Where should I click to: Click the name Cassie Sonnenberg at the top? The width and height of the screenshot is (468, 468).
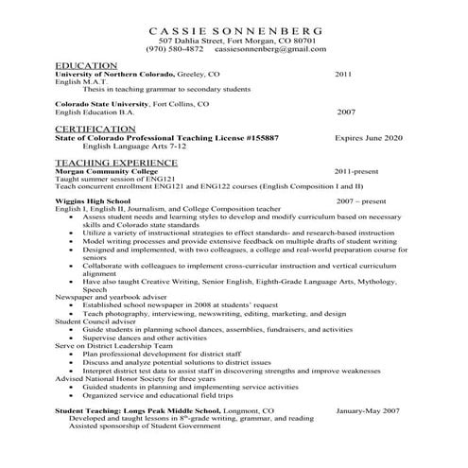[234, 29]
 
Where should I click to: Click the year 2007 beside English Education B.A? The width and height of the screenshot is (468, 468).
[345, 112]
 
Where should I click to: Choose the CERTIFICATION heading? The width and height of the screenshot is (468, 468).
[95, 128]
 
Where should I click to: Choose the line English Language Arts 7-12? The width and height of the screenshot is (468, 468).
[140, 147]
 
